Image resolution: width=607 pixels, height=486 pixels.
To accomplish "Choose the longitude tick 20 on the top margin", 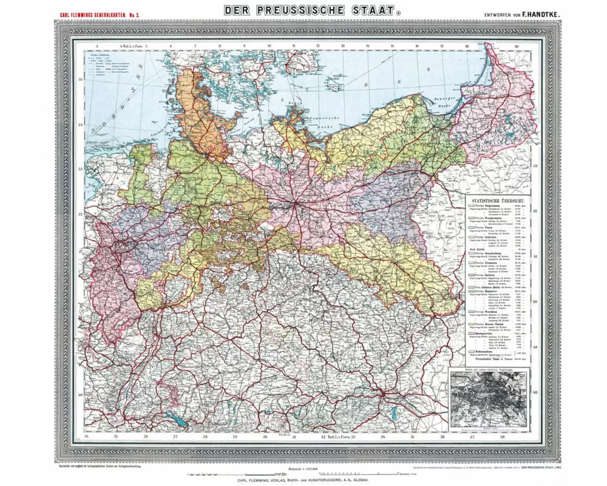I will pyautogui.click(x=515, y=46).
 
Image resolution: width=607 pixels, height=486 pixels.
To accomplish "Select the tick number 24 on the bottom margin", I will pyautogui.click(x=88, y=437).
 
